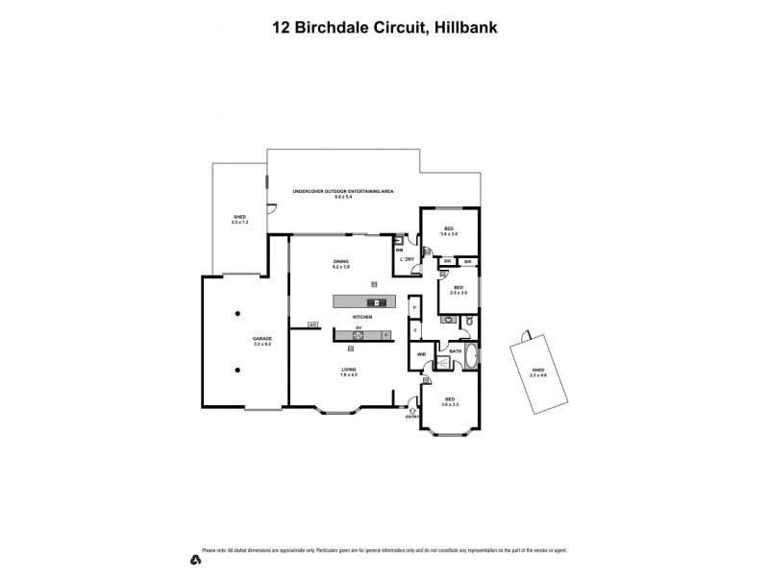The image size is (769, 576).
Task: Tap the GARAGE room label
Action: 262,341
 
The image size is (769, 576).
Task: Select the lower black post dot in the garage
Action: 236,370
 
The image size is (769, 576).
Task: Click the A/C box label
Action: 312,324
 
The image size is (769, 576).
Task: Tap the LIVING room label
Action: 348,372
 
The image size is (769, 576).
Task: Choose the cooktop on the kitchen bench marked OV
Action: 358,336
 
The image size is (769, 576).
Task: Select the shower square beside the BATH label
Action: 443,363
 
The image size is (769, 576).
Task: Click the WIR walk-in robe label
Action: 421,355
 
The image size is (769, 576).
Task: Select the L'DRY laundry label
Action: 406,260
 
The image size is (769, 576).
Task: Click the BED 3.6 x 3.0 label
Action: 448,230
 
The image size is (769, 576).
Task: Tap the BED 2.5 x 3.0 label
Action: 459,290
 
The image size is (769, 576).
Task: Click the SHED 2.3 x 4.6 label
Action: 538,372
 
